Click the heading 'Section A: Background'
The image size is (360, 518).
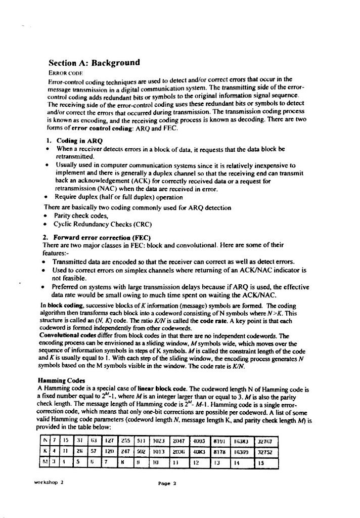tap(94, 63)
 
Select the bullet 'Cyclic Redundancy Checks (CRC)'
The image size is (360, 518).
tap(102, 224)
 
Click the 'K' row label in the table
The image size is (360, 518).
tap(46, 448)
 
